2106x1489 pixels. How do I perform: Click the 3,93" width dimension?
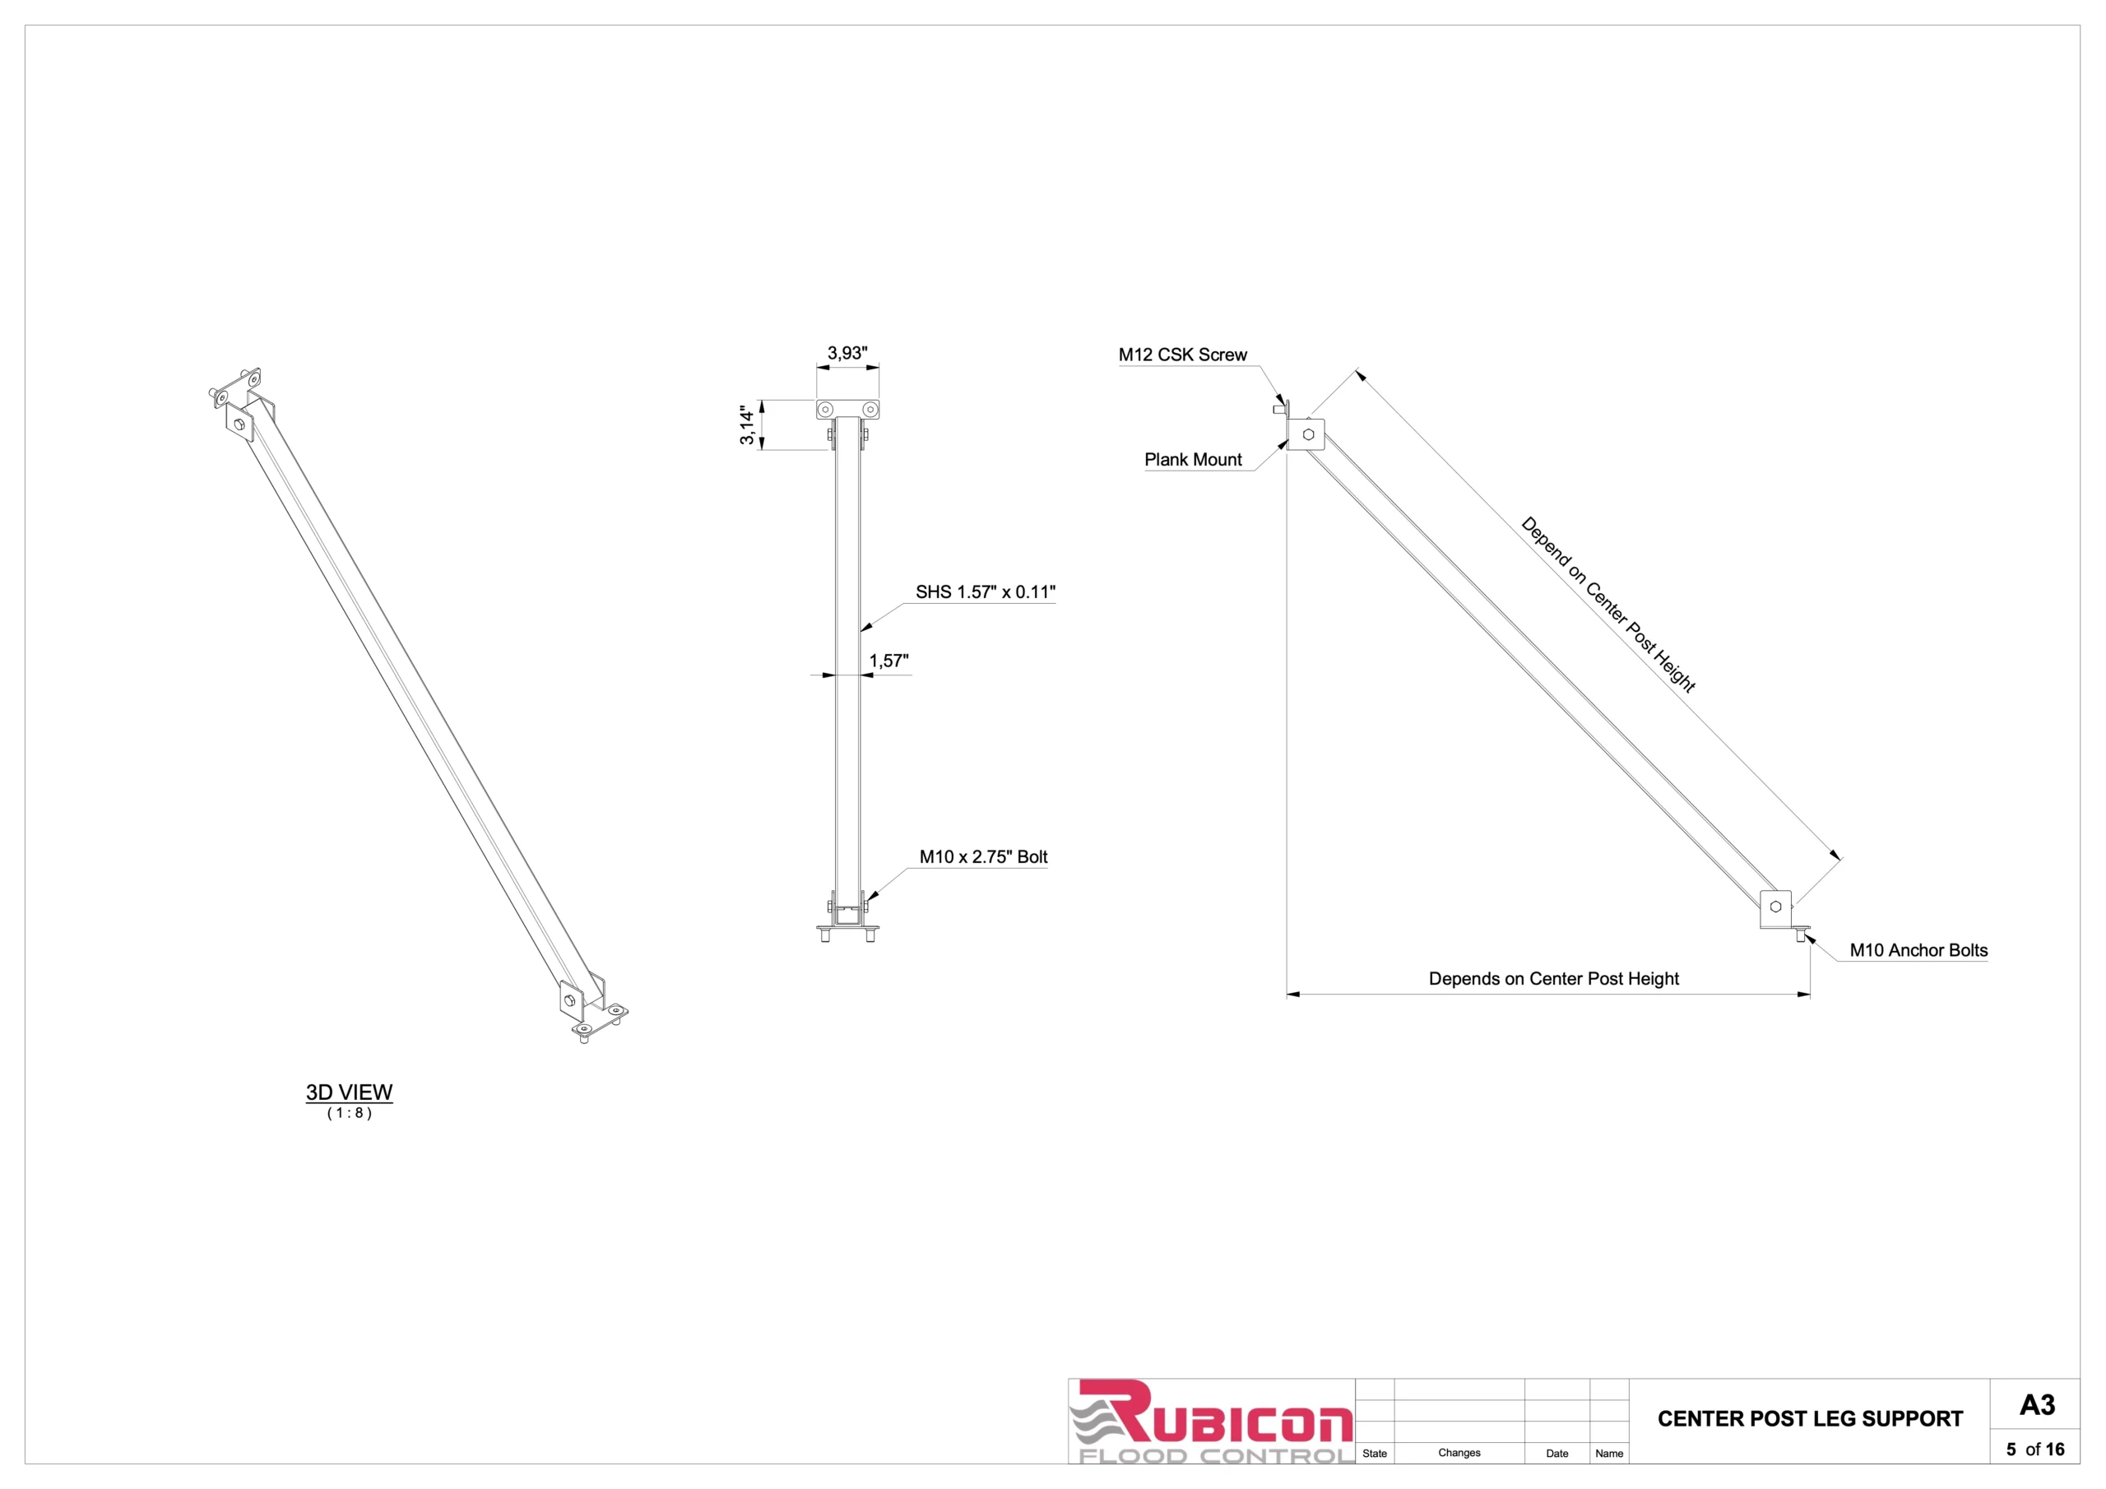pos(847,353)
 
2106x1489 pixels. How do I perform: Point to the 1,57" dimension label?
pos(888,661)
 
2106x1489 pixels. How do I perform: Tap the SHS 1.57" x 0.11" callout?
pos(985,591)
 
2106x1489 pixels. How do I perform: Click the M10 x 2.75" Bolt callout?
pos(983,857)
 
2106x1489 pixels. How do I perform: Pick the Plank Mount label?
pos(1192,460)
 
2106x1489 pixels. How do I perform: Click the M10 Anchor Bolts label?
pos(1918,950)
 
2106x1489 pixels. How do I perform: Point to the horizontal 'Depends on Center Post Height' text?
pos(1553,979)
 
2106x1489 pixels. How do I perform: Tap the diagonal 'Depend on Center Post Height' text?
pos(1608,605)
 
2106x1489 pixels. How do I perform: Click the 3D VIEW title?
pos(349,1092)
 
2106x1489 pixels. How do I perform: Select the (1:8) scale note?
pos(350,1113)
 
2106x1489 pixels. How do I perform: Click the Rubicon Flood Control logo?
pos(1211,1421)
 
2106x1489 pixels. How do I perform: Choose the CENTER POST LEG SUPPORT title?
pos(1810,1418)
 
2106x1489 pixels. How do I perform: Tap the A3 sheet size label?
pos(2036,1404)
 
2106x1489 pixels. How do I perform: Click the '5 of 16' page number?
pos(2034,1450)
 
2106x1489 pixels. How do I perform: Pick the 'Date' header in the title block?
pos(1556,1454)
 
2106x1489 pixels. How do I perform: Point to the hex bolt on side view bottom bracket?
pos(1776,907)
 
